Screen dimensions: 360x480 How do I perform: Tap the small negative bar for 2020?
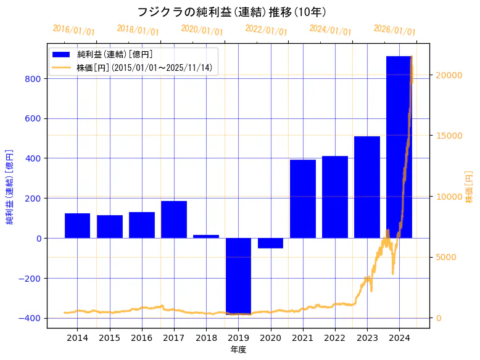click(x=270, y=243)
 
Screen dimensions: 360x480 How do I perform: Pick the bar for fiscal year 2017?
click(x=174, y=219)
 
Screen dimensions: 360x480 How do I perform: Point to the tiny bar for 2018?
click(x=206, y=236)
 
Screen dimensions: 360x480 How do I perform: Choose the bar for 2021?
click(x=302, y=198)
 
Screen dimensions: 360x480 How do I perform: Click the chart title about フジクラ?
click(x=231, y=12)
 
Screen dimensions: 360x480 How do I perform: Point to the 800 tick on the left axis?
click(x=34, y=79)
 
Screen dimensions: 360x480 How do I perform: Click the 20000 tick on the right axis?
click(x=449, y=75)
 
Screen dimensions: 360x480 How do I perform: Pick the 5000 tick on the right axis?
click(x=446, y=257)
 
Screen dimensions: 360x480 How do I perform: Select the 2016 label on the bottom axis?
click(x=142, y=338)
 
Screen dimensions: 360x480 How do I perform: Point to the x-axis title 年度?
click(x=238, y=350)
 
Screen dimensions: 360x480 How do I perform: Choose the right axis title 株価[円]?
click(x=469, y=187)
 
